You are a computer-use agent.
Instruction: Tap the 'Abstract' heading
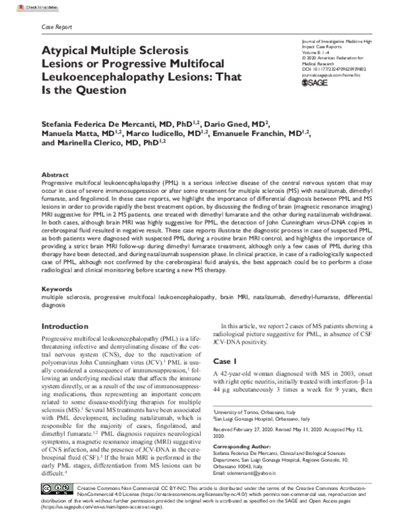pos(55,173)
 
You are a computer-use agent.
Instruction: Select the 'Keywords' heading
pos(57,288)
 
